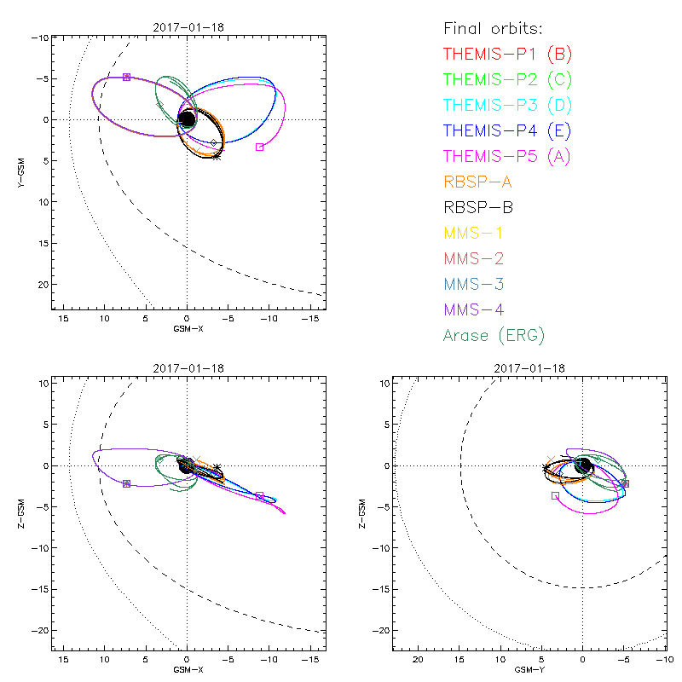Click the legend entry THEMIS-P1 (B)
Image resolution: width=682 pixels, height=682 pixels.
pos(507,55)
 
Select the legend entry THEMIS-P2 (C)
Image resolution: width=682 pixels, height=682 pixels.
pos(507,80)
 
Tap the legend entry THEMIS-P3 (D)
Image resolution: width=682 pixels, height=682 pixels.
pos(507,106)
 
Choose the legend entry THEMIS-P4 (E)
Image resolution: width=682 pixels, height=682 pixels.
pos(507,131)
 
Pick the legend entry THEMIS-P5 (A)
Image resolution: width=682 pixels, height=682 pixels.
pos(507,156)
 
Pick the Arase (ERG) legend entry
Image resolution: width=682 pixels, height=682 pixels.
pos(494,335)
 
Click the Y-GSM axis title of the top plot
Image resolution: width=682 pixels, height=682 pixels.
pos(20,171)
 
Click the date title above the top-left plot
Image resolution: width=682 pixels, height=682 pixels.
pos(187,26)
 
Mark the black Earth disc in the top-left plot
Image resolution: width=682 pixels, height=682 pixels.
pos(187,119)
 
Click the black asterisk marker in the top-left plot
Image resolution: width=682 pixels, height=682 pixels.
pos(217,156)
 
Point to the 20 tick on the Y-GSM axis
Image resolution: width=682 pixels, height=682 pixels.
pos(42,284)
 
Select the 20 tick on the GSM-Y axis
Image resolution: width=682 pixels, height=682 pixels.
pos(418,660)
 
